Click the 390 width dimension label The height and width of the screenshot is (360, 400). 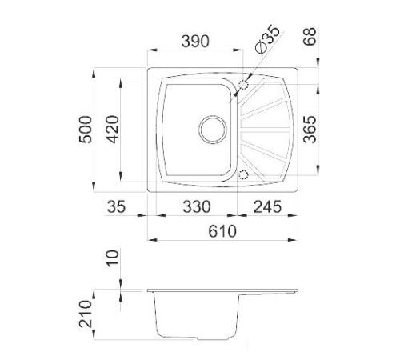click(x=195, y=42)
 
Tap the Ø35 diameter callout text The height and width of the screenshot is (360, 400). click(x=267, y=39)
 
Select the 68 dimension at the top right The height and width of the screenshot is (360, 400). click(x=310, y=36)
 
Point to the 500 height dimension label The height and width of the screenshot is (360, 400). click(x=86, y=130)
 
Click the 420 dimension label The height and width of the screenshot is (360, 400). click(x=112, y=130)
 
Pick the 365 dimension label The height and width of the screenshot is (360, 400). click(x=310, y=130)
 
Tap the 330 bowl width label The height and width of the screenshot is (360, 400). click(x=197, y=206)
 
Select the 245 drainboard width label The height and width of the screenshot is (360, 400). click(x=267, y=206)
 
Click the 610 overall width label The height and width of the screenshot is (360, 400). click(x=222, y=231)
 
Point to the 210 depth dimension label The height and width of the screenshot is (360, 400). click(x=86, y=314)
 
